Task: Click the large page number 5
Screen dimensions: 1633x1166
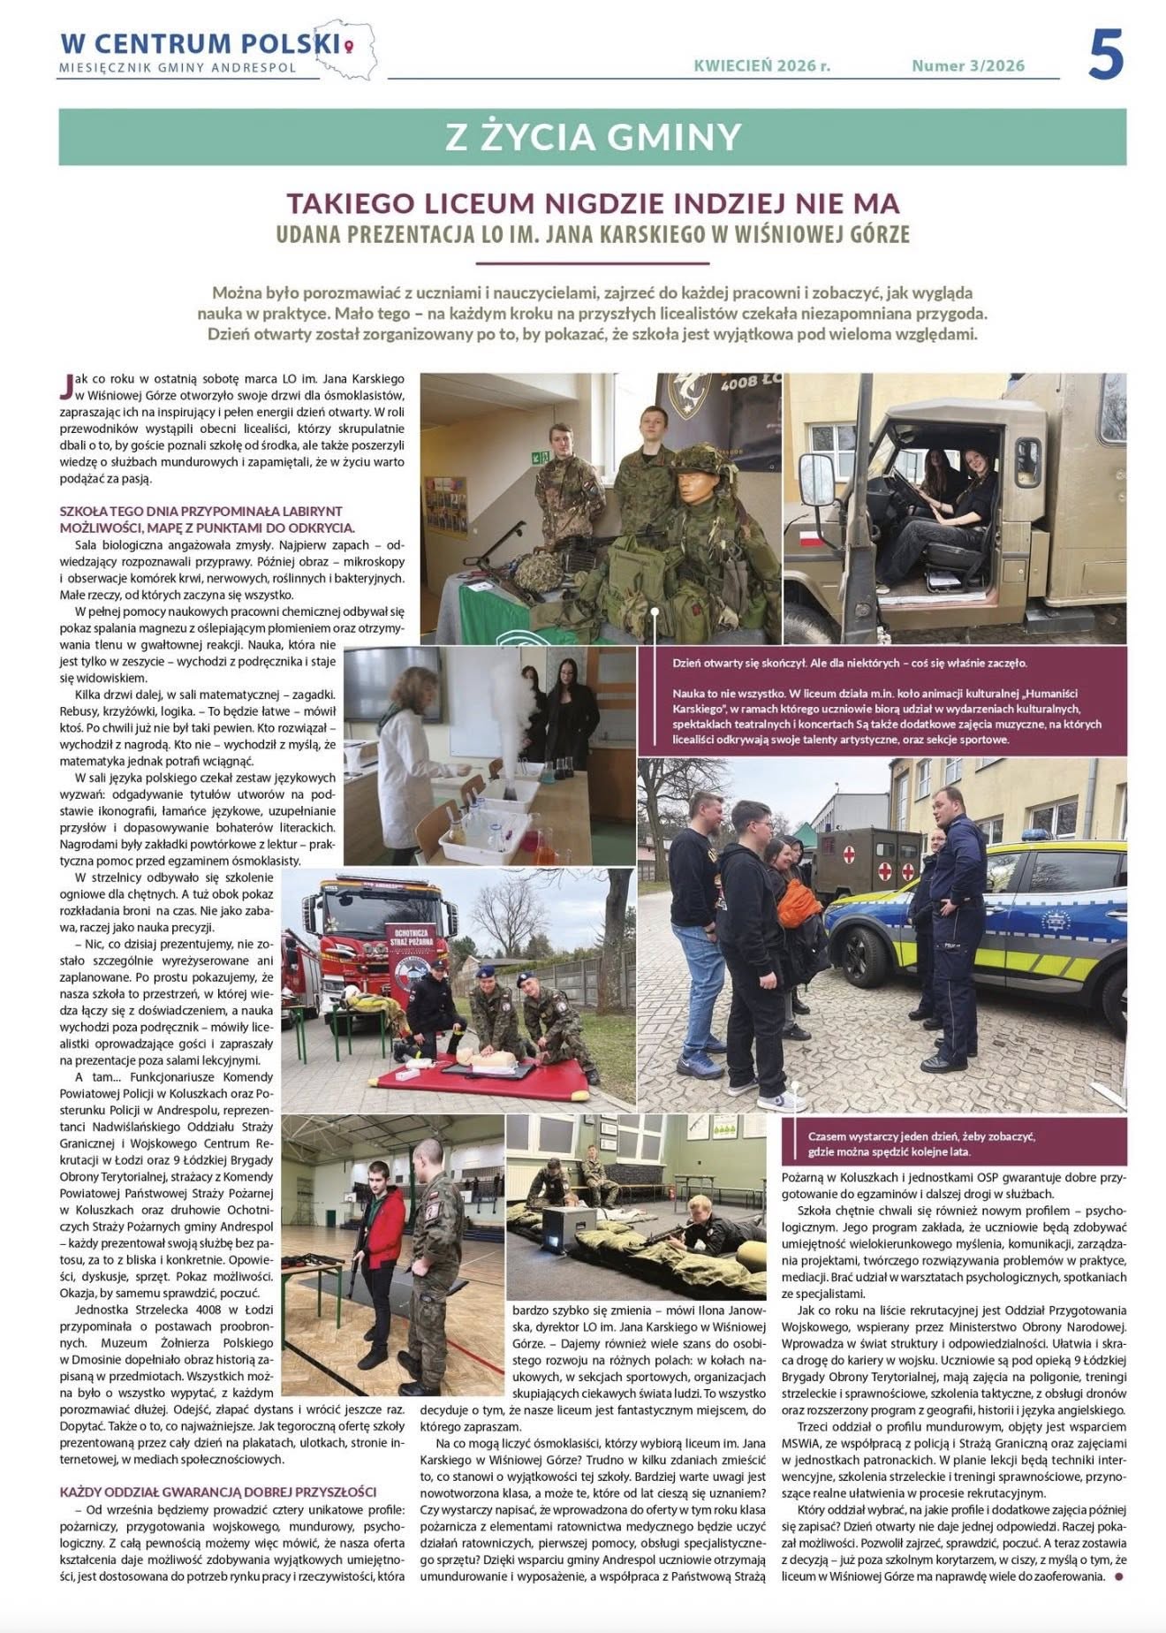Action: click(1105, 55)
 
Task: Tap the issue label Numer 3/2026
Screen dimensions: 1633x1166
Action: click(968, 65)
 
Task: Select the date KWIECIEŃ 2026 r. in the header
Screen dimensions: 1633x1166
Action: click(761, 65)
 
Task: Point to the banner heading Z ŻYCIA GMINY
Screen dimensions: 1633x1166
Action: click(593, 137)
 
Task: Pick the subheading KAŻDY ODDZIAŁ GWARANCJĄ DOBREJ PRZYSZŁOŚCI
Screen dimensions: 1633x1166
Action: click(218, 1492)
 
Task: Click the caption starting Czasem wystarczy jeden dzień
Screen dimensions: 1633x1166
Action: click(921, 1143)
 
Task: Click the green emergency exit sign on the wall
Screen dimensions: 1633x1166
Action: click(537, 456)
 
